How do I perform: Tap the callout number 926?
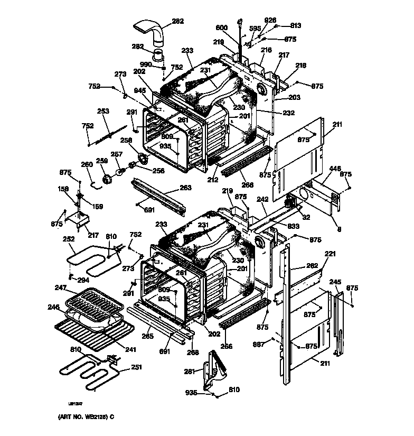tap(270, 20)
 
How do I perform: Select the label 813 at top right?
tap(296, 25)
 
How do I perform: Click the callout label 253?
tap(103, 111)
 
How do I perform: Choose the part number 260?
tap(86, 164)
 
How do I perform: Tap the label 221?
tap(330, 254)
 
